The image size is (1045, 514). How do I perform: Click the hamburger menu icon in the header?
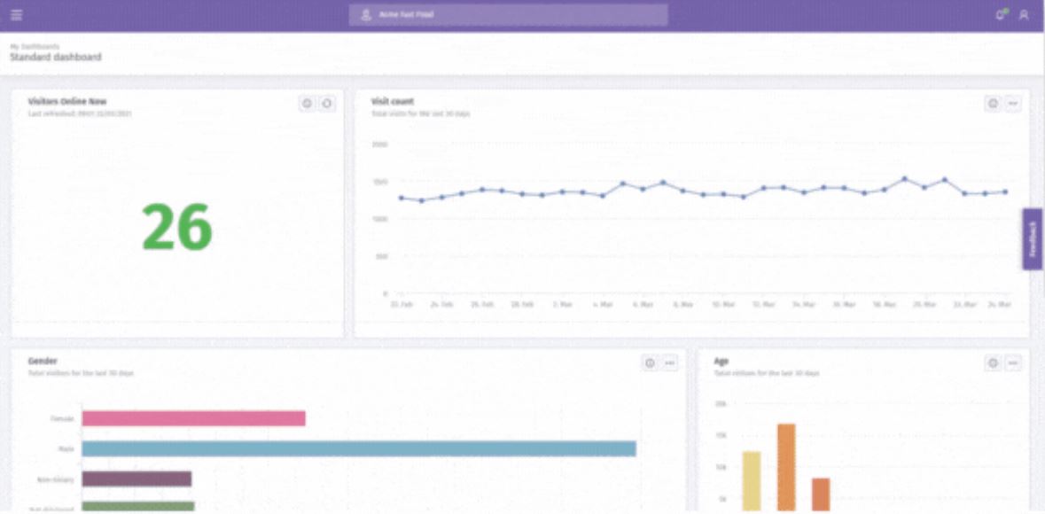click(x=17, y=15)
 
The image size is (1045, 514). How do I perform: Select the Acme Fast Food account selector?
click(x=507, y=15)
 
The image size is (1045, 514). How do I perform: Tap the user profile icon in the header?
click(x=1024, y=15)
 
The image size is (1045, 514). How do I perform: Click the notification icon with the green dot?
click(x=1002, y=14)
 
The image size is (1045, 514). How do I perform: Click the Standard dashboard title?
click(x=56, y=58)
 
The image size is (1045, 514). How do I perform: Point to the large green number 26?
click(x=177, y=227)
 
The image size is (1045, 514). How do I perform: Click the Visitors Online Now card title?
click(x=67, y=102)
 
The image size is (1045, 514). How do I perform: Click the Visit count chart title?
click(x=393, y=102)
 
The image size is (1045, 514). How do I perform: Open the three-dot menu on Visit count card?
click(x=1013, y=104)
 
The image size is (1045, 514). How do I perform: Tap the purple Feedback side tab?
click(x=1033, y=239)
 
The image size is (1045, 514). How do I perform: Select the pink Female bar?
click(x=193, y=418)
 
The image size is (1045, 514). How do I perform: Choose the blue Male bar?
click(x=359, y=448)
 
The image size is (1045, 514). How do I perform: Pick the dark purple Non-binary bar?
click(x=136, y=479)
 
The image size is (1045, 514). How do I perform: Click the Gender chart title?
click(x=43, y=362)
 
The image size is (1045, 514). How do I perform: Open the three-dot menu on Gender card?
click(x=670, y=362)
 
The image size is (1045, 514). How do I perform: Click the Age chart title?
click(x=721, y=362)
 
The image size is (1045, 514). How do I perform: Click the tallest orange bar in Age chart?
click(x=786, y=467)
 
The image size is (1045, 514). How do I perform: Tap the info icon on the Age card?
click(x=993, y=362)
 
